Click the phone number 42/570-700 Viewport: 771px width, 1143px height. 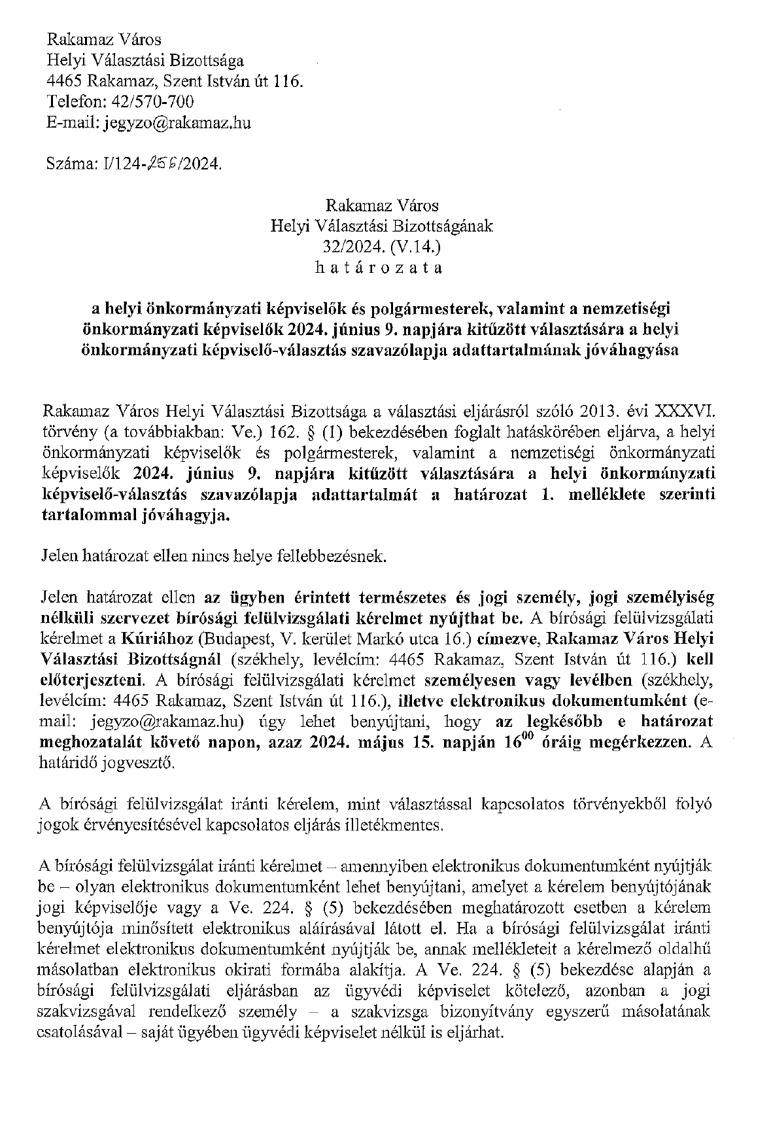pos(149,102)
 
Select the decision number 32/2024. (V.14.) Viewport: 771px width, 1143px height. pos(383,247)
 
